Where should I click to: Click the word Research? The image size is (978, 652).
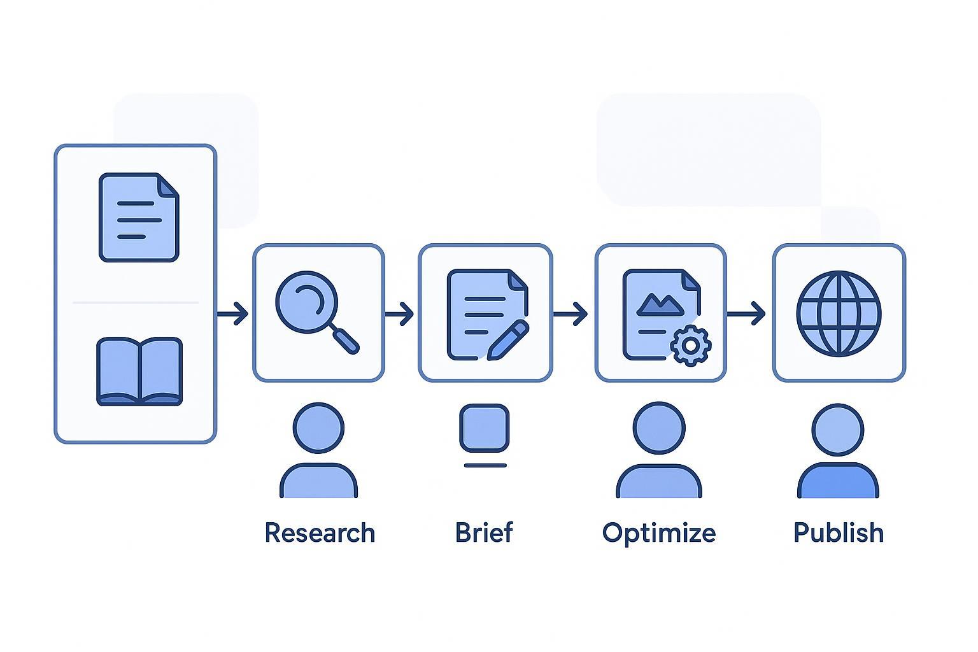coord(320,533)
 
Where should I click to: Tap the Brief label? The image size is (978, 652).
coord(484,533)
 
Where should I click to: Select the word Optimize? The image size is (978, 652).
coord(659,533)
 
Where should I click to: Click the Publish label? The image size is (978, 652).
coord(839,533)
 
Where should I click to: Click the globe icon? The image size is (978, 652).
coord(839,313)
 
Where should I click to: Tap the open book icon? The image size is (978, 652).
coord(139,372)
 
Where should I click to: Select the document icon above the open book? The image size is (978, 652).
coord(139,217)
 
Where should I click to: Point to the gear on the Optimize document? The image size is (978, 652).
coord(690,345)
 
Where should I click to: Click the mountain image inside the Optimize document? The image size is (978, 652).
coord(660,304)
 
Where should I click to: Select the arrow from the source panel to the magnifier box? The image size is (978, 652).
coord(233,314)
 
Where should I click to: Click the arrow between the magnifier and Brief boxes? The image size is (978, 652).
coord(400,314)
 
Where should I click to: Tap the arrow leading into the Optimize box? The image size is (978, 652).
coord(572,314)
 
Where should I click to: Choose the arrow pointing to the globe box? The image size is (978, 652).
coord(748,314)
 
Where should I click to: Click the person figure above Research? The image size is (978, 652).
coord(318,452)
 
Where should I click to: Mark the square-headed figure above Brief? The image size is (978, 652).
coord(485,429)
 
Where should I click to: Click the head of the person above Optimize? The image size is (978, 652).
coord(659,427)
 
